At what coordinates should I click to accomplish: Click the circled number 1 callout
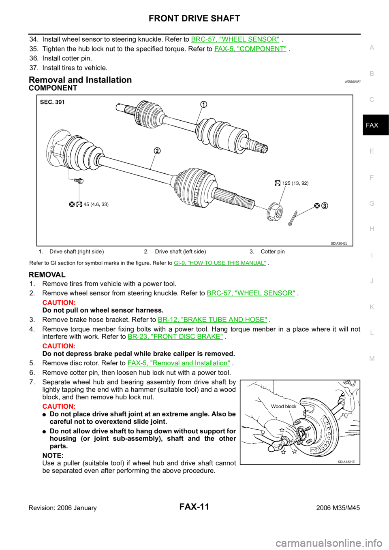click(203, 104)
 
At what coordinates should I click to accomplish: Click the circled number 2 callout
click(157, 151)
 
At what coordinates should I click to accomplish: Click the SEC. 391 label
click(52, 102)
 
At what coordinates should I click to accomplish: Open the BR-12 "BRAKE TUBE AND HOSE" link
click(212, 320)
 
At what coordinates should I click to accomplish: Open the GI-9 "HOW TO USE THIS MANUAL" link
click(220, 263)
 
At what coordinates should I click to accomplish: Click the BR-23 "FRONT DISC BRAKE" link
click(175, 336)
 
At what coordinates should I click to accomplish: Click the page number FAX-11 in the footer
click(194, 507)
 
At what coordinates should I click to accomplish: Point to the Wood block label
click(284, 406)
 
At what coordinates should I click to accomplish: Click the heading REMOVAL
click(47, 274)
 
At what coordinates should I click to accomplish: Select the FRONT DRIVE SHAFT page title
click(194, 18)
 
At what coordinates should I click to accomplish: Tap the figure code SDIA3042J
click(339, 243)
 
